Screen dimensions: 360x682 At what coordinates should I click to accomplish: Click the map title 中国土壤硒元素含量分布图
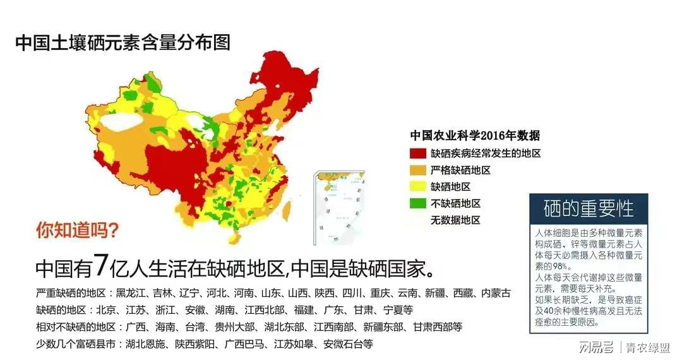pos(123,43)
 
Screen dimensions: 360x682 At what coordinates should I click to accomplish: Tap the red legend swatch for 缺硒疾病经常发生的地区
pos(418,153)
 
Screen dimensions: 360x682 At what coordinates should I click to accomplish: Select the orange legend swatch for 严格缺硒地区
pos(418,170)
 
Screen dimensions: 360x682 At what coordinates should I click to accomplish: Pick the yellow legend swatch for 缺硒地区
pos(418,187)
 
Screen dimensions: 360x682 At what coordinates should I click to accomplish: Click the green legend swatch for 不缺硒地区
pos(418,203)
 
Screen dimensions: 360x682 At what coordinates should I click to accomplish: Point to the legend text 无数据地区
pos(455,220)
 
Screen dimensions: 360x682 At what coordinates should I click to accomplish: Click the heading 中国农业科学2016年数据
pos(475,135)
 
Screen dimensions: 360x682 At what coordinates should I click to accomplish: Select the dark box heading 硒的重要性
pos(589,208)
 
